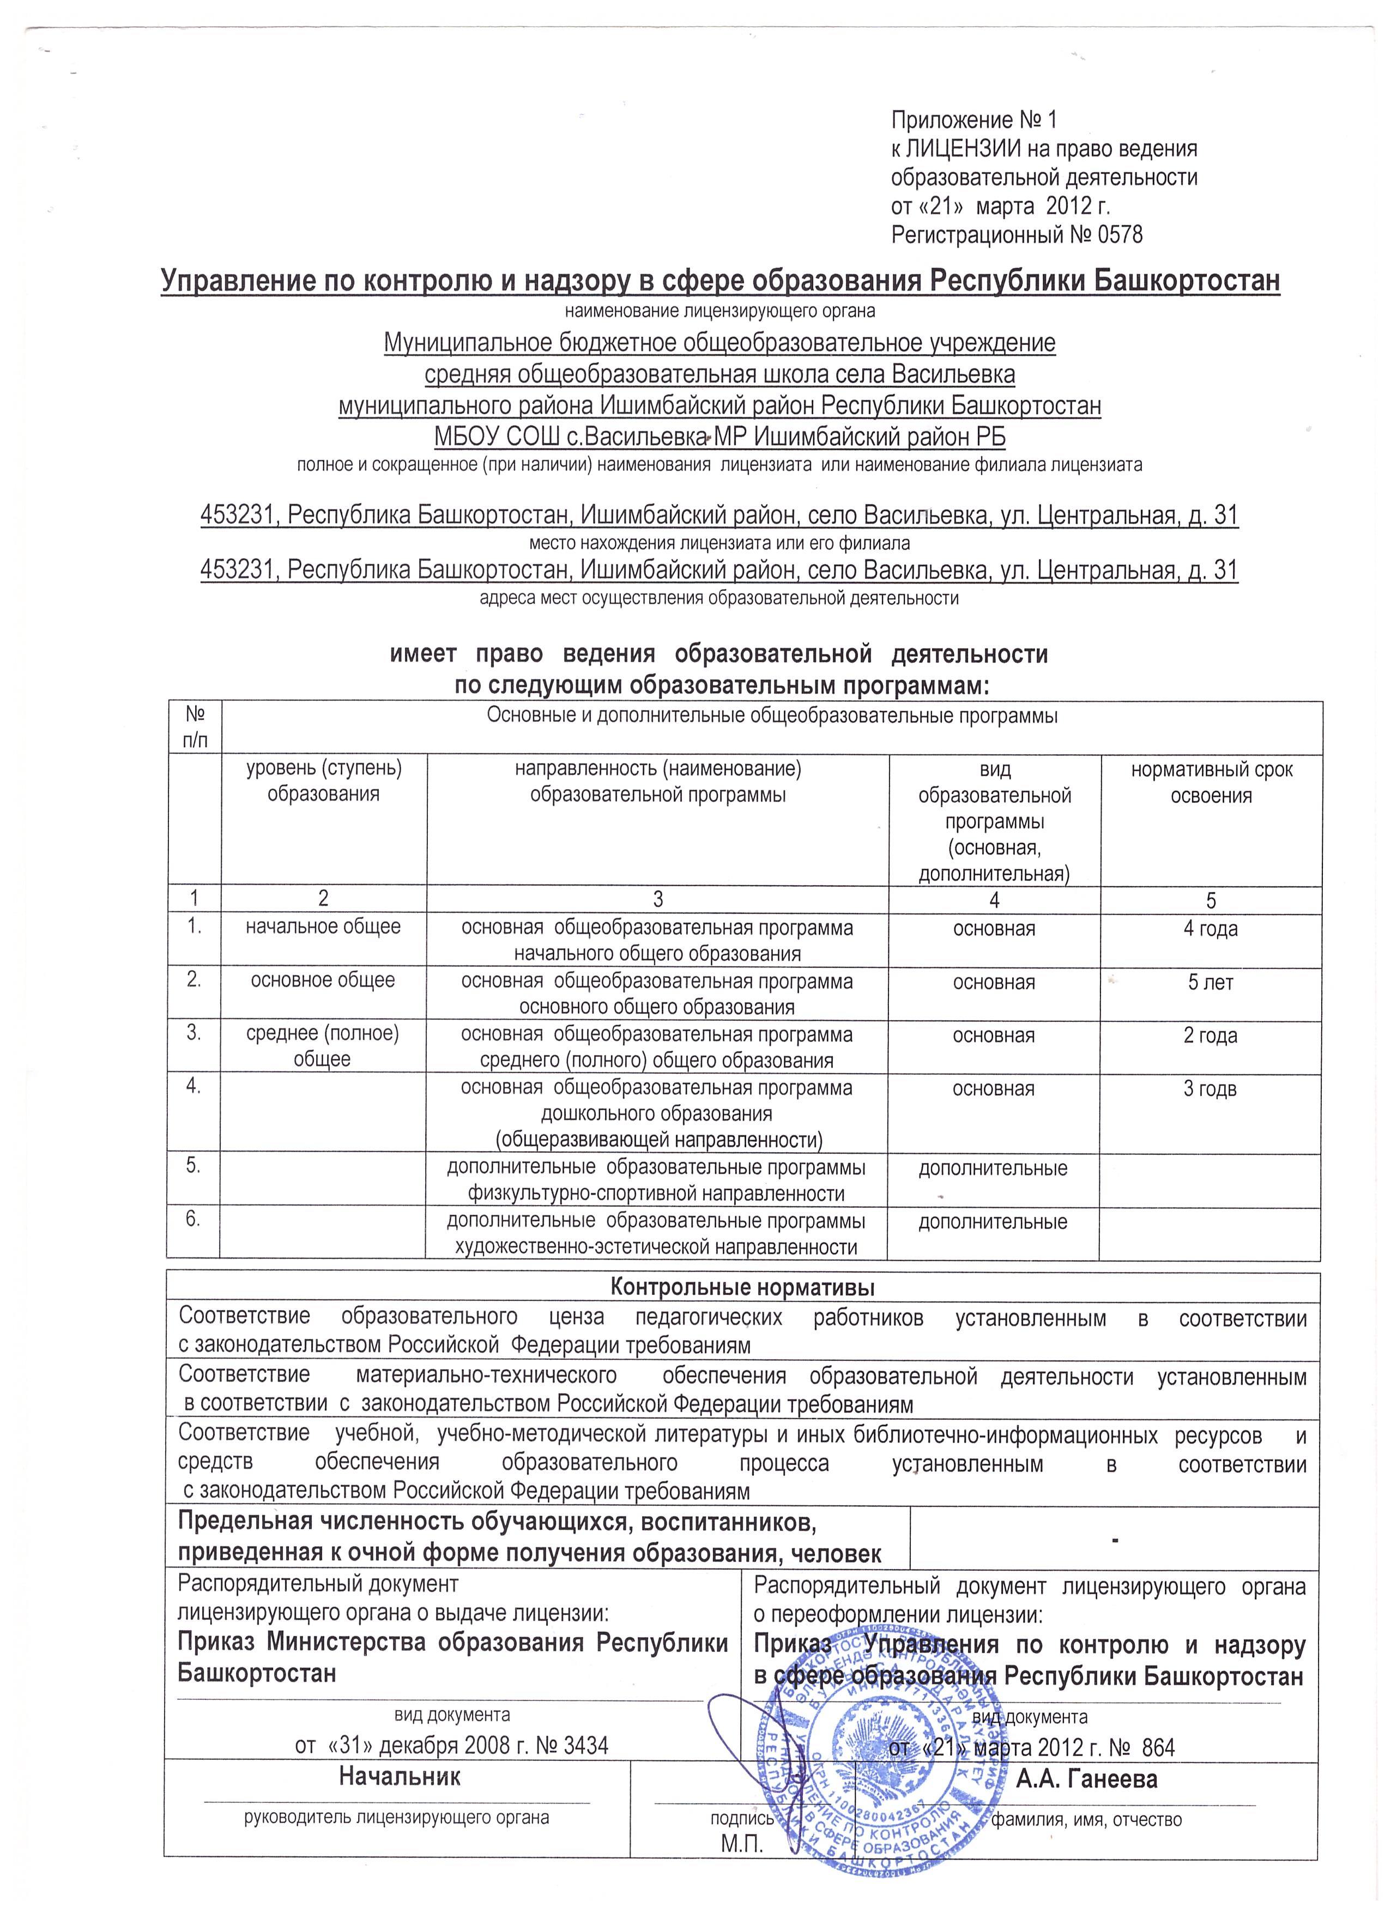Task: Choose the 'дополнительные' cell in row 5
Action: coord(993,1168)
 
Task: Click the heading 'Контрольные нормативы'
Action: coord(742,1288)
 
